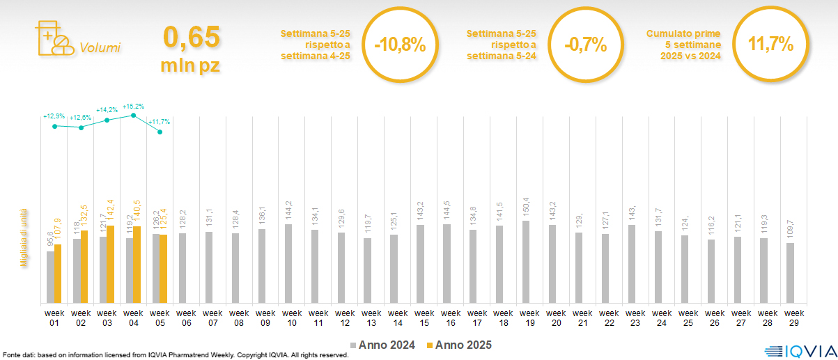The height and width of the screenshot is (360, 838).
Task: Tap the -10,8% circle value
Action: (x=399, y=46)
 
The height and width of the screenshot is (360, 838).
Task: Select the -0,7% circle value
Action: (x=585, y=46)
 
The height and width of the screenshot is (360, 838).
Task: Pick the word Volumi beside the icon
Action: (x=100, y=48)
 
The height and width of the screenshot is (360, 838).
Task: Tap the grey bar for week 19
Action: (x=526, y=262)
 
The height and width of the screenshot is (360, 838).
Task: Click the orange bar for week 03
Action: (x=110, y=265)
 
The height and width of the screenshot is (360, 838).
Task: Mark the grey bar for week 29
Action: (x=790, y=273)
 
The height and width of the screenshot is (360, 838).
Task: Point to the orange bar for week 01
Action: (x=58, y=274)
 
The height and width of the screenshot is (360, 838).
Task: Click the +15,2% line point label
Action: (x=133, y=107)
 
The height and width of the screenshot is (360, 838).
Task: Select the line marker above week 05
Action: (x=160, y=132)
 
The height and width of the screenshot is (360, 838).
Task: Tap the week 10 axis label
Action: (x=292, y=318)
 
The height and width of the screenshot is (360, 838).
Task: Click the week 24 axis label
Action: (x=662, y=318)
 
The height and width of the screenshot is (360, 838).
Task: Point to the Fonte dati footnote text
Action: (x=174, y=355)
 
